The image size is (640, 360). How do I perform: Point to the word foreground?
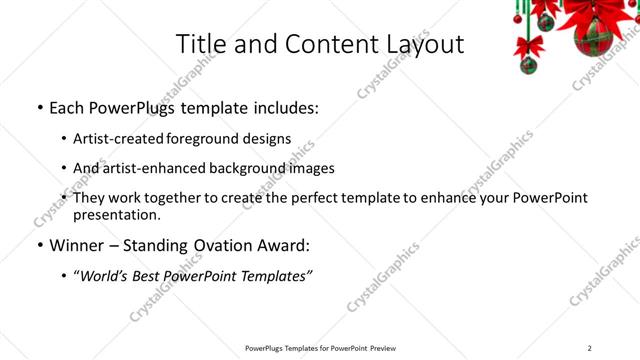[x=208, y=139]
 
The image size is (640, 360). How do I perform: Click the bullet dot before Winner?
[x=39, y=245]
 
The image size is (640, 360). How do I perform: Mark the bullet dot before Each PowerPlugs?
[x=39, y=107]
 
